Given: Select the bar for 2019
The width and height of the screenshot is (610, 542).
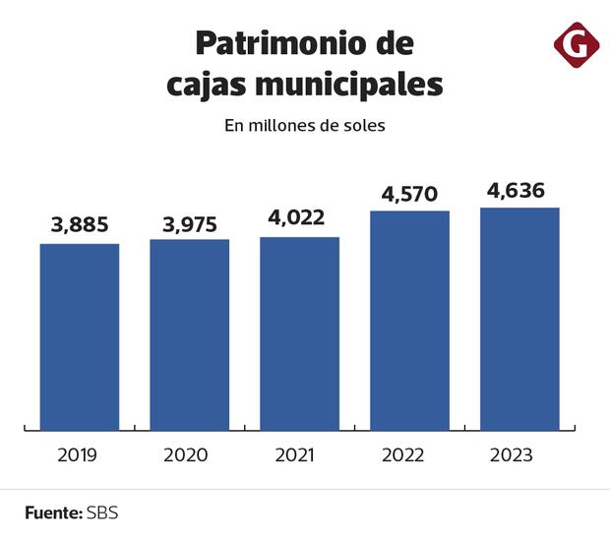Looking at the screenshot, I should coord(80,335).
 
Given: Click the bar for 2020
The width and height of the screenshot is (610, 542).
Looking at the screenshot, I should coord(190,333).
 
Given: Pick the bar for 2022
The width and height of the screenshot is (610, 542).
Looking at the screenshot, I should coord(409,320).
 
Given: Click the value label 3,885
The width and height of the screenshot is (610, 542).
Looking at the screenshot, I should coord(80,225).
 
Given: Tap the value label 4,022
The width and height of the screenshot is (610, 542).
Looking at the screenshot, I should coord(300,218).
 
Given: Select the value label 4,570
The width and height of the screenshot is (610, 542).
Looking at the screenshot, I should coord(409,193).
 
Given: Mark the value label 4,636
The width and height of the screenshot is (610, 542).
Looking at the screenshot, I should coord(519,190).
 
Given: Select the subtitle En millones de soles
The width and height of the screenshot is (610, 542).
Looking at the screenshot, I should coord(305,126).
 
